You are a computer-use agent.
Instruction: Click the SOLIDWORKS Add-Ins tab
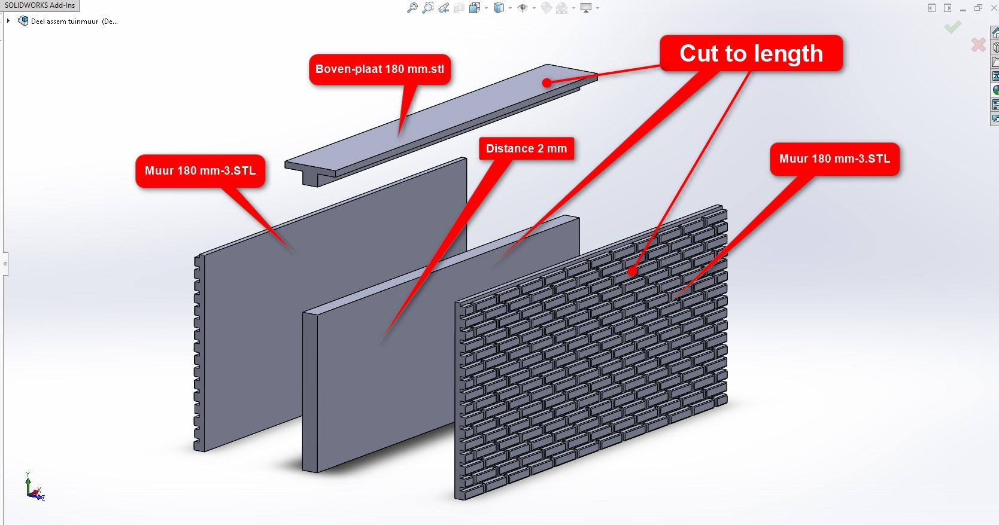click(x=40, y=5)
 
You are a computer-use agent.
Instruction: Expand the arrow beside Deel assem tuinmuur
click(x=8, y=20)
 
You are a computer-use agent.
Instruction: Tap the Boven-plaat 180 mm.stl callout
click(x=379, y=69)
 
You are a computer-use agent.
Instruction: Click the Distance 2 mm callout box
click(x=526, y=148)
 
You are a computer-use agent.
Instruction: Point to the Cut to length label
click(x=751, y=53)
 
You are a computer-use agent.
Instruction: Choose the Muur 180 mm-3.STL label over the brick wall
click(x=834, y=159)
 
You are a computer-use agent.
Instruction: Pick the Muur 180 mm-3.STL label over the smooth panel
click(x=201, y=170)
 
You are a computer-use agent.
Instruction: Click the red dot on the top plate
click(x=546, y=83)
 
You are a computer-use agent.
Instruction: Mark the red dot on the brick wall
click(x=632, y=271)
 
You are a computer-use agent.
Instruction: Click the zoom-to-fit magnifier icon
click(x=412, y=8)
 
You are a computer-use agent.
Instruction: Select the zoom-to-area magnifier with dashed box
click(x=428, y=8)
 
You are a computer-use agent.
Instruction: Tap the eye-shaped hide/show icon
click(x=522, y=8)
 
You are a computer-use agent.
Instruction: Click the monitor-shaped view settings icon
click(x=586, y=8)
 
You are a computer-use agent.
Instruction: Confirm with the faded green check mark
click(x=952, y=27)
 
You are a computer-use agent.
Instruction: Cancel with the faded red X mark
click(x=979, y=45)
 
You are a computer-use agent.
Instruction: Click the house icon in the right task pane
click(x=995, y=32)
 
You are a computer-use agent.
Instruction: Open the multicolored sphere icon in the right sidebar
click(x=995, y=90)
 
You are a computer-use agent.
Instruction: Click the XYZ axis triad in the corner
click(x=34, y=487)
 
